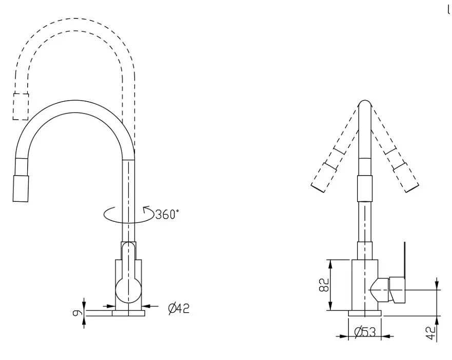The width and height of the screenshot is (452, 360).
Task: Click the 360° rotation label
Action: pos(167,214)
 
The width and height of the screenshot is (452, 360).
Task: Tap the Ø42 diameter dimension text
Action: pos(179,308)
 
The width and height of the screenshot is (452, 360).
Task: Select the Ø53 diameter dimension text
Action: pos(365,332)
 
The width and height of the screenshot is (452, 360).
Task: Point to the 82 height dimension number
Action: pos(324,285)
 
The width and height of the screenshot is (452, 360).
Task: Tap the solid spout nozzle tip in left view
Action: pos(21,188)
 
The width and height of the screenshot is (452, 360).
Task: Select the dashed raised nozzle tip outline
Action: pos(21,106)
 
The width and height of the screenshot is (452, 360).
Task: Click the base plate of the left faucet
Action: pos(128,313)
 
